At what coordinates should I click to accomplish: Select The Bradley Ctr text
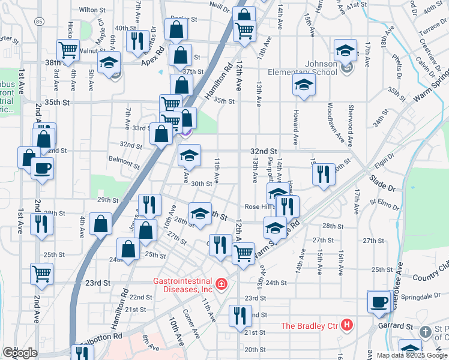[x=309, y=326]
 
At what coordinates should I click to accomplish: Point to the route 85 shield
[x=39, y=22]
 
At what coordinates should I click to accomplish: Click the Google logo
[x=19, y=353]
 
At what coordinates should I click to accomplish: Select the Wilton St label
[x=92, y=10]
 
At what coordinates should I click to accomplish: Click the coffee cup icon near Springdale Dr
[x=379, y=301]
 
